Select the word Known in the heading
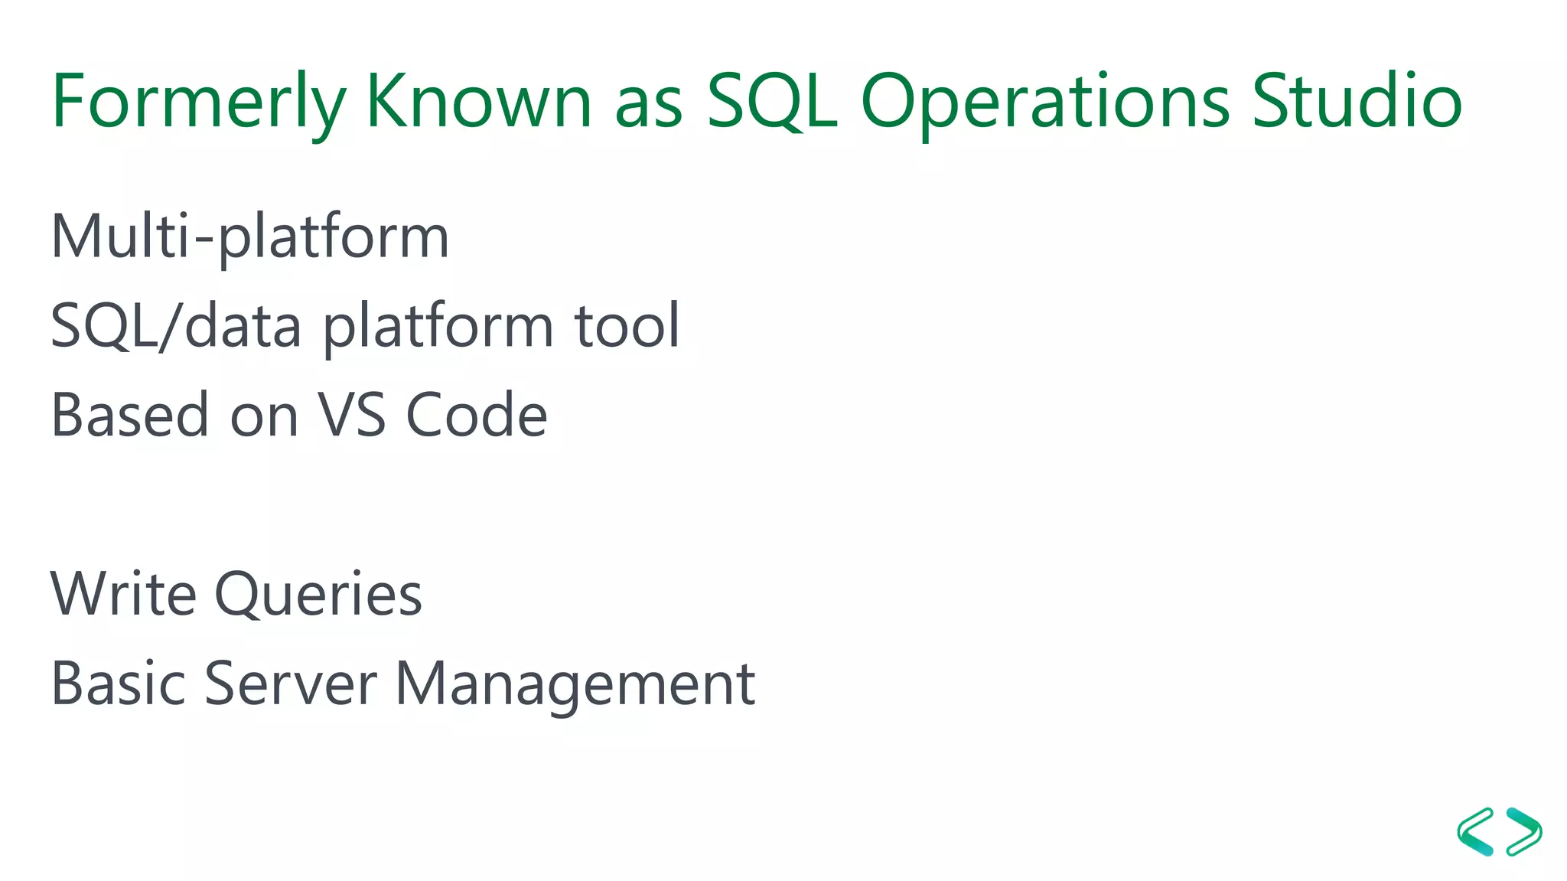(478, 102)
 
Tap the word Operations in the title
(1044, 102)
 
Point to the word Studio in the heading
(1357, 102)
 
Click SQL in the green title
(771, 102)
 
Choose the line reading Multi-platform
(249, 237)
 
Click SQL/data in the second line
(176, 325)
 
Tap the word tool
(627, 325)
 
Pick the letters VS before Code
(352, 415)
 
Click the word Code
(476, 415)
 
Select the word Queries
(318, 594)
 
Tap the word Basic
(119, 683)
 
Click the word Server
(291, 683)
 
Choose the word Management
(575, 683)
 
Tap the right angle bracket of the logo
(1524, 831)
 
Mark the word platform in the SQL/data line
(438, 327)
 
